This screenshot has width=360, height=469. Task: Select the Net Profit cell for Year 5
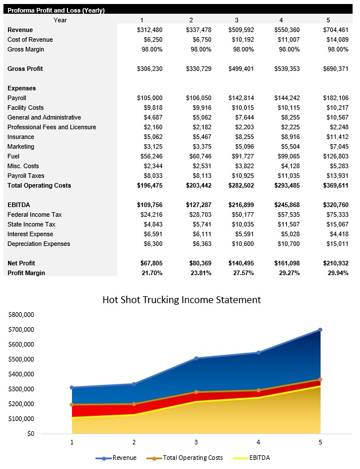pos(335,263)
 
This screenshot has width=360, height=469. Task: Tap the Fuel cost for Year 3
pos(241,156)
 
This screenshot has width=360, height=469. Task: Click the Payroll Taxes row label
pos(26,176)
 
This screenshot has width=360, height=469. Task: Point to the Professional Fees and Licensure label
pos(51,127)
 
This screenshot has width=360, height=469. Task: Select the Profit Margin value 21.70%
pos(151,273)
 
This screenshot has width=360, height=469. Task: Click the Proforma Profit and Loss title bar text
pos(56,11)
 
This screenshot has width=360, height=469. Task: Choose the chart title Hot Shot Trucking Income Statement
pos(181,300)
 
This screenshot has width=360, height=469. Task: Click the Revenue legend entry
pos(120,458)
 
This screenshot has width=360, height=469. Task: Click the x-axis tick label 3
pos(196,442)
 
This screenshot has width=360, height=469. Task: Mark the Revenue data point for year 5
pos(320,329)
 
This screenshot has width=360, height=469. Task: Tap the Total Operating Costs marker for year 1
pos(72,404)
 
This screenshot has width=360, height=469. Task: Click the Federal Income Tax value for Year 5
pos(337,214)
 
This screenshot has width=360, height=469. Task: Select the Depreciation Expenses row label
pos(39,244)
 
